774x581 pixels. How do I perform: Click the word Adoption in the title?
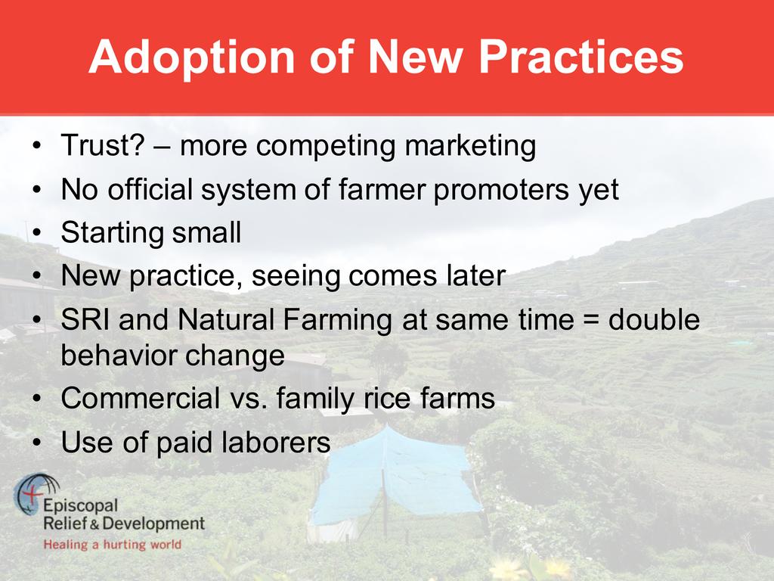192,57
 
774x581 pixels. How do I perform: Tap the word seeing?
296,277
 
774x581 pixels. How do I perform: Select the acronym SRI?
85,319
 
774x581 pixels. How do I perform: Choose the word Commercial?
140,398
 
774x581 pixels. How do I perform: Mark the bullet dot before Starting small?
36,233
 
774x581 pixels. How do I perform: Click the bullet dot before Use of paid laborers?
36,443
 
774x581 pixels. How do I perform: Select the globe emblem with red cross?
36,494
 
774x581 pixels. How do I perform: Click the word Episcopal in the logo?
80,506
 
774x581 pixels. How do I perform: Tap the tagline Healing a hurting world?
113,545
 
